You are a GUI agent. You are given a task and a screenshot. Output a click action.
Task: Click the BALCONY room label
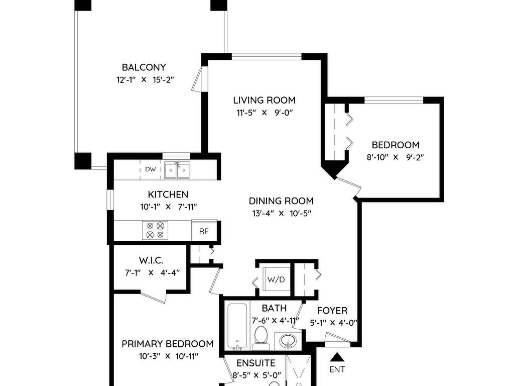point(144,67)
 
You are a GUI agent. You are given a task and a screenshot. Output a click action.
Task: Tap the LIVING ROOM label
point(264,100)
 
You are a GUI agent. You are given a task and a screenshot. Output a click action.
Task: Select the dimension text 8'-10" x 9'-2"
point(395,157)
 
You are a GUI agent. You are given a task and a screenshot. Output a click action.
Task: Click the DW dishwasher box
point(151,170)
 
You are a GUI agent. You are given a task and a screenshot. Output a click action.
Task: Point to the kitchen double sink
point(177,171)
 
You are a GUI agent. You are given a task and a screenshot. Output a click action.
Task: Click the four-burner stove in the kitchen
point(155,231)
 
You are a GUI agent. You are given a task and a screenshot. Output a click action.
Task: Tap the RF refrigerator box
point(204,232)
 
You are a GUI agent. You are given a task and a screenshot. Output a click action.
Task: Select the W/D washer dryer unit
point(276,279)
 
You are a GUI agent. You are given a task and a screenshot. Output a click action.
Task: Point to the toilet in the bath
point(261,336)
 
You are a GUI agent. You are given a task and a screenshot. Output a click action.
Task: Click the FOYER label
point(332,311)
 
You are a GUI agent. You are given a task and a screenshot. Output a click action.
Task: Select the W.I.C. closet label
point(151,260)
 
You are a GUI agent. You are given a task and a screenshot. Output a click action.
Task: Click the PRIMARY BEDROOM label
point(167,344)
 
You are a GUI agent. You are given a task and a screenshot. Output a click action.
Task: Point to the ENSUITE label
point(256,363)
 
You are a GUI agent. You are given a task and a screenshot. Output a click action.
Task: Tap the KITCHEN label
point(168,195)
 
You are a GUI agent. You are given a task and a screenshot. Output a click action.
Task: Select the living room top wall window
point(267,56)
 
